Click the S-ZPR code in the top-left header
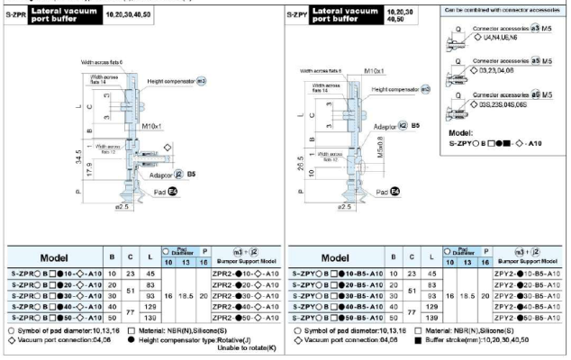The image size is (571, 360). pyautogui.click(x=15, y=13)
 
